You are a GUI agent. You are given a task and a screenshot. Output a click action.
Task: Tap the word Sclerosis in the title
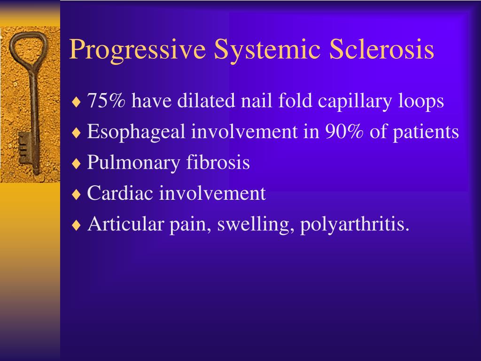(x=381, y=50)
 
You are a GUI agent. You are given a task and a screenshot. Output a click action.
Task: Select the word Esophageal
(x=137, y=132)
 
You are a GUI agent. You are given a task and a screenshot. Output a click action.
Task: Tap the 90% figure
(x=344, y=132)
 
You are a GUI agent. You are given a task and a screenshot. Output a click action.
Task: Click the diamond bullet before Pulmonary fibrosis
(x=76, y=164)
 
